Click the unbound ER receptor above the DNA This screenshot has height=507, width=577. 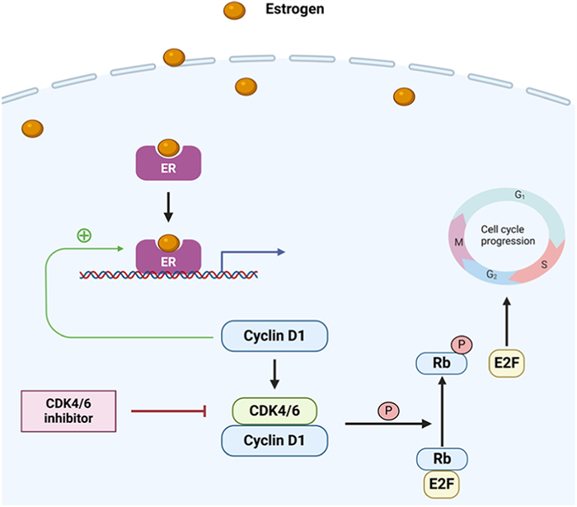click(x=167, y=162)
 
